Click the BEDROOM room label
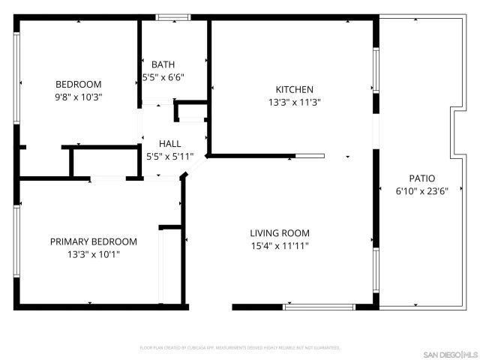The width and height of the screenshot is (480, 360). (78, 85)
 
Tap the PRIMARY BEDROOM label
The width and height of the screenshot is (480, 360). (94, 241)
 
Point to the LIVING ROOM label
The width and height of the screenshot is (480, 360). (280, 233)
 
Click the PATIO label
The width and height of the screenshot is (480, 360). (421, 178)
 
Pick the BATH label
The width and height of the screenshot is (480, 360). (163, 64)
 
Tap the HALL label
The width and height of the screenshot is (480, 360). (169, 144)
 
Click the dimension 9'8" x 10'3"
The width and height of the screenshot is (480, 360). (78, 97)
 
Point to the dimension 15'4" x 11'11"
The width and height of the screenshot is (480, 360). (280, 246)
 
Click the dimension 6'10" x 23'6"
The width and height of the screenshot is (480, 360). (421, 191)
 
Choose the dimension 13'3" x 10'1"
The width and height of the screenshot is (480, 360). (94, 254)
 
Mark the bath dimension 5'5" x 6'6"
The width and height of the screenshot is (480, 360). (163, 76)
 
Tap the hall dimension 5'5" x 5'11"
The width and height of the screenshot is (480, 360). (169, 157)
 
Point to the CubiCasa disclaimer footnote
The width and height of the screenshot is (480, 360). (240, 348)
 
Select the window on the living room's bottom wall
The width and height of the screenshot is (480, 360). (319, 307)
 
